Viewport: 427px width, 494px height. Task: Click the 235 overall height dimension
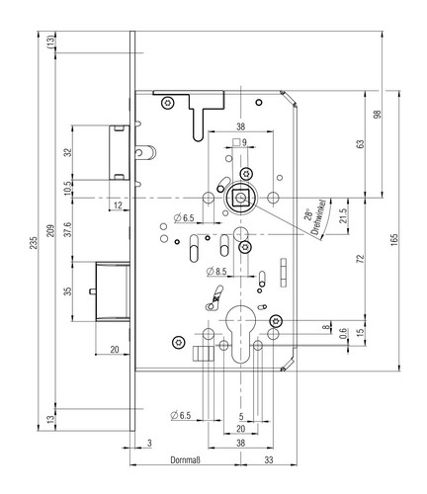pyautogui.click(x=34, y=243)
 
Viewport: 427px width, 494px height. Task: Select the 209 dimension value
pyautogui.click(x=50, y=231)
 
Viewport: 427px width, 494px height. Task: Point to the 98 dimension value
pyautogui.click(x=378, y=115)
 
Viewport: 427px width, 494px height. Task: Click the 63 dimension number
pyautogui.click(x=361, y=144)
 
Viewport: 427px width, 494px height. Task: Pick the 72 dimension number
pyautogui.click(x=361, y=259)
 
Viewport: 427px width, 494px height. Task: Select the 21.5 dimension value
pyautogui.click(x=343, y=216)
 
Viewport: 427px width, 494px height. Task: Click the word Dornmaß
pyautogui.click(x=185, y=459)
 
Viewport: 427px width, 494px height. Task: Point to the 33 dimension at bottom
pyautogui.click(x=269, y=459)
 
